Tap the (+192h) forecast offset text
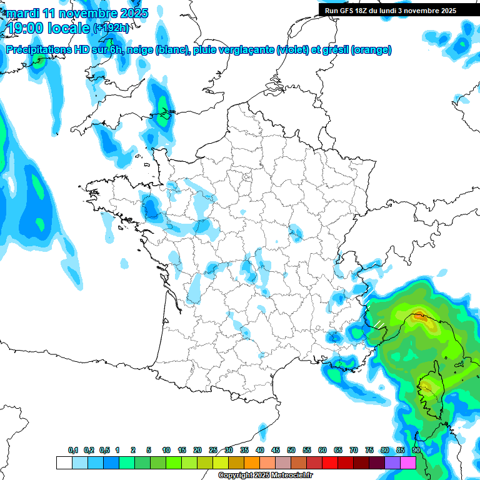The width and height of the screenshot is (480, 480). click(111, 28)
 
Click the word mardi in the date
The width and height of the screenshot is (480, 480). click(23, 13)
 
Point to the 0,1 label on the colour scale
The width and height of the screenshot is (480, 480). click(73, 450)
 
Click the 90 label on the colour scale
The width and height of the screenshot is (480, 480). click(416, 450)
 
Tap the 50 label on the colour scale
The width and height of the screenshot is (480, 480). click(291, 450)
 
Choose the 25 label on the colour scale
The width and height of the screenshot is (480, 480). click(213, 450)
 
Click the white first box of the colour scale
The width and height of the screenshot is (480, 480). click(64, 462)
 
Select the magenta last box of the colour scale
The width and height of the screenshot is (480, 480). click(408, 462)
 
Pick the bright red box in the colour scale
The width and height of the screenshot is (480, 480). click(330, 462)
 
